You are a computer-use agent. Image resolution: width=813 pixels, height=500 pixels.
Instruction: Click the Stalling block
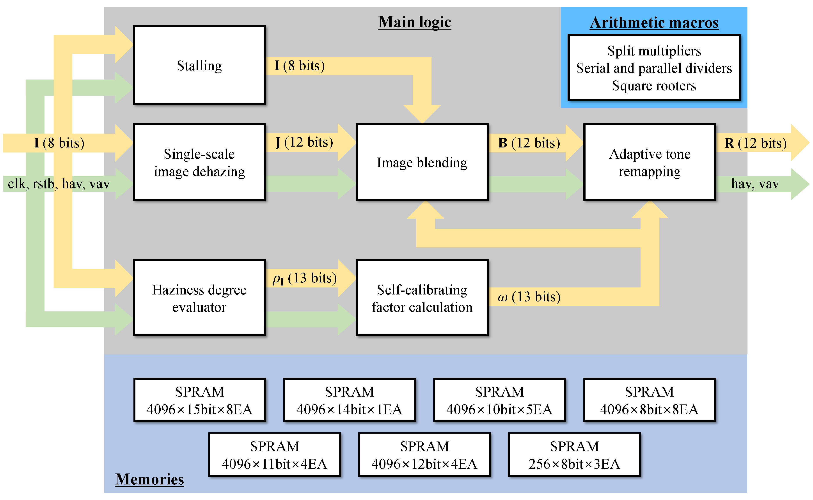(x=199, y=65)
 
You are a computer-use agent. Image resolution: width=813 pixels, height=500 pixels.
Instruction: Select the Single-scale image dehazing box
(x=199, y=162)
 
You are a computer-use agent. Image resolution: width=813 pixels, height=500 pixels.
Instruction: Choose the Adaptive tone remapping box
(x=649, y=162)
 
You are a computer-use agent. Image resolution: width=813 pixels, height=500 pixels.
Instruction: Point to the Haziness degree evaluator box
(x=199, y=298)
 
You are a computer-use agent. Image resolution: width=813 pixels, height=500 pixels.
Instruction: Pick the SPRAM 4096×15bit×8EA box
(x=199, y=400)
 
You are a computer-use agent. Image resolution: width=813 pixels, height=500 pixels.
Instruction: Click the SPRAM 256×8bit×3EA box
(x=574, y=455)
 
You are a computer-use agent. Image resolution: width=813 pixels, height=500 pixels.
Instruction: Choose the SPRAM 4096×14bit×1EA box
(x=349, y=400)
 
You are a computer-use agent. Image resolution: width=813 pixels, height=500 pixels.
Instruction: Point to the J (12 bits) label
(x=304, y=142)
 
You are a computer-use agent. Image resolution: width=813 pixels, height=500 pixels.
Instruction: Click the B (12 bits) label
(x=529, y=143)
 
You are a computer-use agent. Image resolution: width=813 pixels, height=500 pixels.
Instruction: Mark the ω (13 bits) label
(x=529, y=297)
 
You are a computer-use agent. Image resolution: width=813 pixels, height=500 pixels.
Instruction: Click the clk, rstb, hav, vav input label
(x=59, y=184)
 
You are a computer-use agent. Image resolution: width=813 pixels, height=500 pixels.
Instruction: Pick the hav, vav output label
(x=755, y=184)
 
